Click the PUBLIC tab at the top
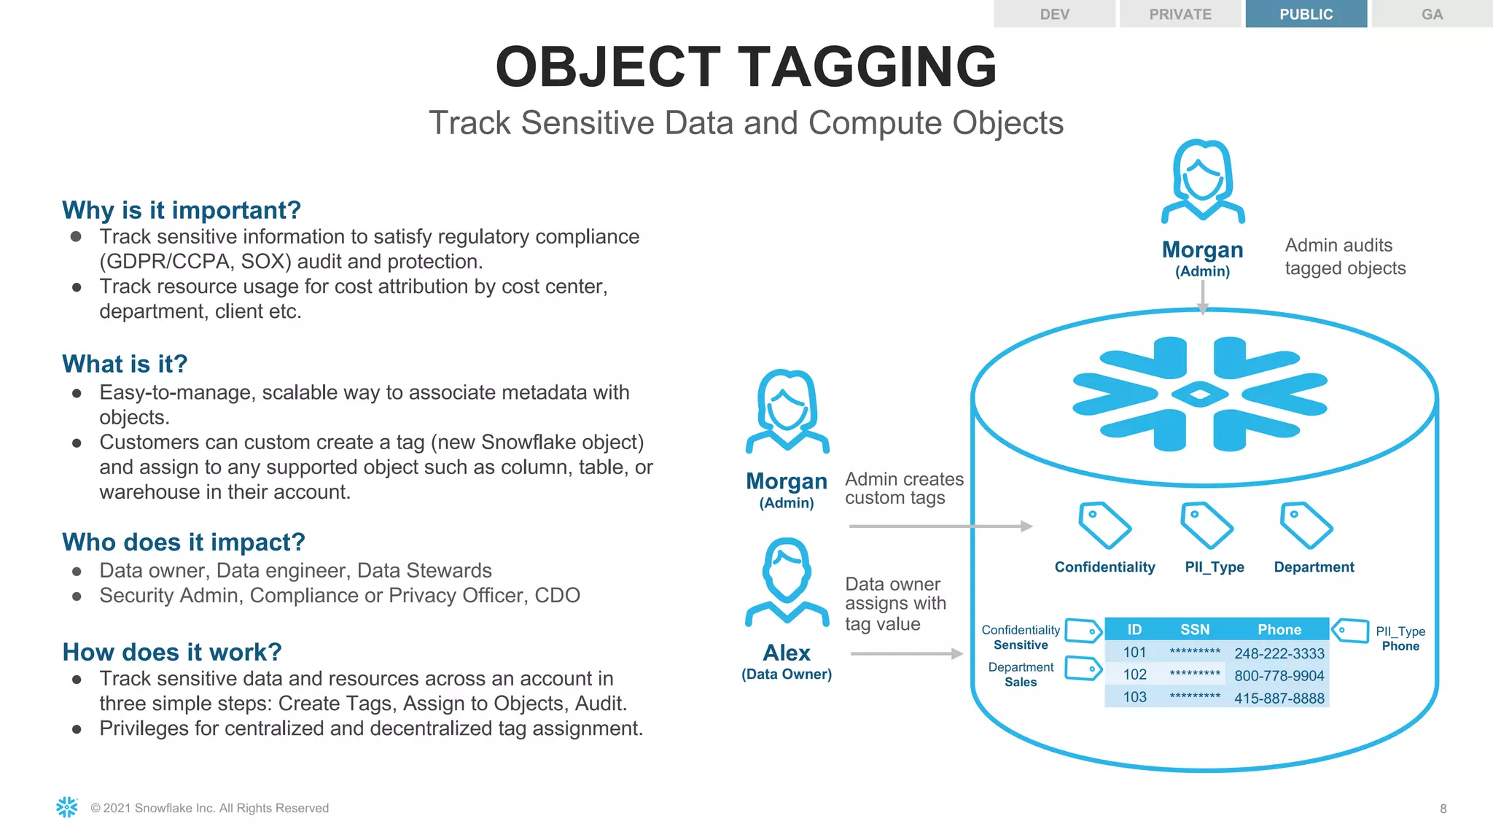pyautogui.click(x=1306, y=14)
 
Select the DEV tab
pyautogui.click(x=1054, y=14)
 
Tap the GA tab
pyautogui.click(x=1432, y=14)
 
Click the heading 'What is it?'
pyautogui.click(x=125, y=364)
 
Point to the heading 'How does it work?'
pyautogui.click(x=172, y=652)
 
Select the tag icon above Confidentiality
pyautogui.click(x=1104, y=525)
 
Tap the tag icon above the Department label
pyautogui.click(x=1306, y=525)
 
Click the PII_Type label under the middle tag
pyautogui.click(x=1215, y=567)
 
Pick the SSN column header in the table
pyautogui.click(x=1195, y=629)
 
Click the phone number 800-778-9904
pyautogui.click(x=1279, y=676)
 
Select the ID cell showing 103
pyautogui.click(x=1134, y=697)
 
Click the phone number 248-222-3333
pyautogui.click(x=1279, y=653)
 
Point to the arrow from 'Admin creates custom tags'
pyautogui.click(x=940, y=526)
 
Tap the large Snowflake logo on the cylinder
pyautogui.click(x=1200, y=394)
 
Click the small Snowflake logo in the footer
pyautogui.click(x=67, y=807)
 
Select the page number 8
pyautogui.click(x=1443, y=809)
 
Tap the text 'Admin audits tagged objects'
pyautogui.click(x=1345, y=257)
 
